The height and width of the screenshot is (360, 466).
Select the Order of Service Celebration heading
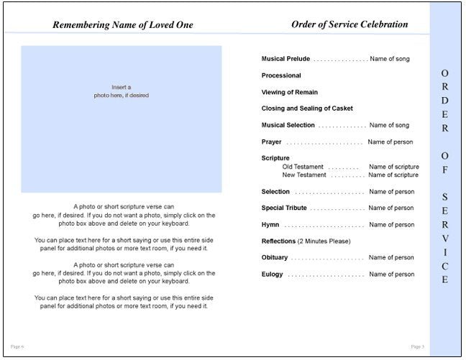tap(349, 24)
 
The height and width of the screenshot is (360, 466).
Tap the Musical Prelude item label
tap(285, 59)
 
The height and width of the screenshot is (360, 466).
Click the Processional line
tap(281, 75)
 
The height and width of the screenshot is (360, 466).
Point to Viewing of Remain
tap(290, 92)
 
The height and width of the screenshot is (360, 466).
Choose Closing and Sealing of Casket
tap(307, 109)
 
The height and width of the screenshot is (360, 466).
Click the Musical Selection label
tap(288, 125)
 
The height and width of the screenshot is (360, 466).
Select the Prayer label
tap(272, 142)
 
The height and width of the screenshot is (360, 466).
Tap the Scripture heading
tap(275, 158)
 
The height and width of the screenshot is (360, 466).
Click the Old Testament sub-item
tap(303, 167)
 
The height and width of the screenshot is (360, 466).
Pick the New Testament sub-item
tap(304, 175)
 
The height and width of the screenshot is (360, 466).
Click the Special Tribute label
tap(284, 208)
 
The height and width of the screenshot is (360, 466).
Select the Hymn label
tap(270, 225)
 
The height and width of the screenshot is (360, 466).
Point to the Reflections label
tap(279, 241)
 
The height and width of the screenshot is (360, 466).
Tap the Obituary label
tap(275, 258)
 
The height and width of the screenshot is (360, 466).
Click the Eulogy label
tap(273, 274)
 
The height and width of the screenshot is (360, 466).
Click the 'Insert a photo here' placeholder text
tap(121, 91)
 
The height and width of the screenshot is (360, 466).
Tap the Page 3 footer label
tap(417, 346)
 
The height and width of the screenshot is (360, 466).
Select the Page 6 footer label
tap(17, 346)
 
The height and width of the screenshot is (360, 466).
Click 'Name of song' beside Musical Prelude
tap(390, 59)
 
